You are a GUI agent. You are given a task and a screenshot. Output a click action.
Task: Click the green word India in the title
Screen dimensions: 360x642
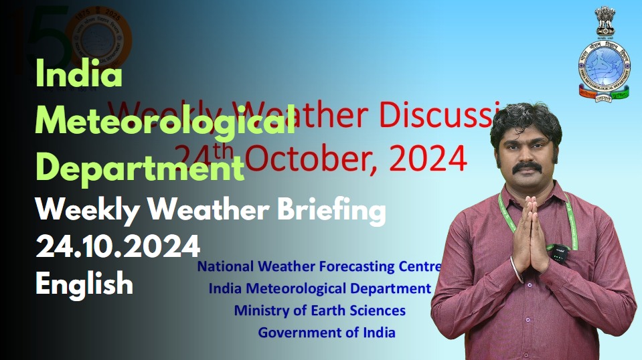click(78, 74)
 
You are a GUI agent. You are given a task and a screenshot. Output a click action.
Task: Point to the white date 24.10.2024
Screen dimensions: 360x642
click(118, 248)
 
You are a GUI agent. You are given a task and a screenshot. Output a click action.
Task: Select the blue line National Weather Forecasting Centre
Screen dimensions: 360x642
click(319, 266)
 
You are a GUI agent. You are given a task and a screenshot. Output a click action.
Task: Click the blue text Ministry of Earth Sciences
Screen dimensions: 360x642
click(319, 310)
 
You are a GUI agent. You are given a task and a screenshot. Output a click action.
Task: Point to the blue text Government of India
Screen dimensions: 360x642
click(327, 332)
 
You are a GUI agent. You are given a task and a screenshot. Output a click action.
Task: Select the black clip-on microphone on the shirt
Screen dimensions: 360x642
click(560, 252)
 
